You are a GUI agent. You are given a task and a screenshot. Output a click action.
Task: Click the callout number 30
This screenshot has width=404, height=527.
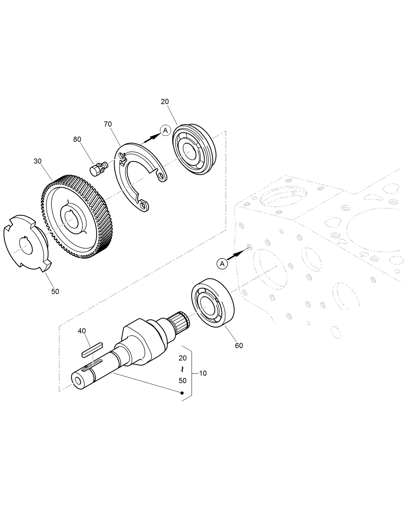(x=38, y=161)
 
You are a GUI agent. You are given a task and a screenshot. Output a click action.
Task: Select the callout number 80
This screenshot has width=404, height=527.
(x=77, y=139)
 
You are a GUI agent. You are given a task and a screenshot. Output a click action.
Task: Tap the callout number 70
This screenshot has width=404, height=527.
(x=108, y=124)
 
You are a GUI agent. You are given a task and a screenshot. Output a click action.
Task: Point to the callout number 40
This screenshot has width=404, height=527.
(x=82, y=331)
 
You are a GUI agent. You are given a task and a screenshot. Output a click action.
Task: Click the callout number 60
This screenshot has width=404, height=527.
(x=239, y=346)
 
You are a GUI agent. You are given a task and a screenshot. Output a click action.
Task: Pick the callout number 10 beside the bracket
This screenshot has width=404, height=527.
(x=203, y=373)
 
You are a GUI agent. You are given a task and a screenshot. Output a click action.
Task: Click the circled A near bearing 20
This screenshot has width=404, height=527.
(x=165, y=130)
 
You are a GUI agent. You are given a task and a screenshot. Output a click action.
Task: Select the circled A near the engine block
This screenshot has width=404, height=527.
(x=222, y=264)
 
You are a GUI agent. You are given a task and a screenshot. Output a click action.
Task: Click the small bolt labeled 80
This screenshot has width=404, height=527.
(x=98, y=169)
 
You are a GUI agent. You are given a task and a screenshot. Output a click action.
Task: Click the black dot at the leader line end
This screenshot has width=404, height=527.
(x=182, y=393)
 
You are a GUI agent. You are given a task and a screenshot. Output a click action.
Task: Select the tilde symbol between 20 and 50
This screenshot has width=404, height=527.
(x=182, y=369)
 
